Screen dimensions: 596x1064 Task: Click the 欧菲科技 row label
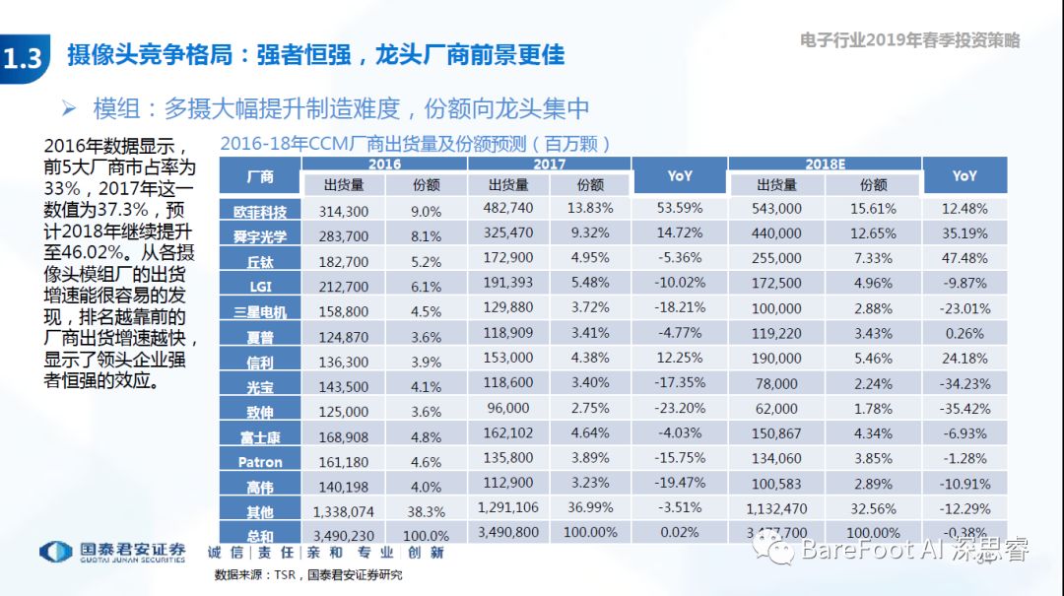[259, 211]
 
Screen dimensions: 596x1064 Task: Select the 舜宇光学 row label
[259, 236]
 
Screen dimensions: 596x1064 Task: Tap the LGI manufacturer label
[259, 287]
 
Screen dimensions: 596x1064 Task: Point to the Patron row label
[259, 462]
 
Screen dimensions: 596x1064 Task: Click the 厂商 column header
[259, 177]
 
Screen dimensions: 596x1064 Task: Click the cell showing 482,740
[509, 209]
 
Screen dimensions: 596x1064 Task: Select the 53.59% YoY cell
[680, 209]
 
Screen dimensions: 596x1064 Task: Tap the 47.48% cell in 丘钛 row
[964, 258]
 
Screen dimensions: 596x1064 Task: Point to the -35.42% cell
[964, 409]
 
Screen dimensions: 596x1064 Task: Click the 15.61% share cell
[873, 209]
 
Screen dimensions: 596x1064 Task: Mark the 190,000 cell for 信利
[778, 359]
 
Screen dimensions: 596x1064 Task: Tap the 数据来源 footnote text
[308, 575]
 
